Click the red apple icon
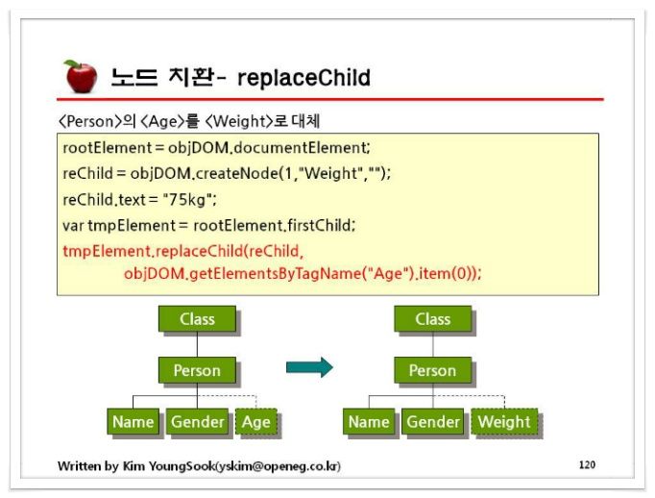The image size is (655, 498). tap(81, 76)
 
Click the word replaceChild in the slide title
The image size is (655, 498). tap(303, 78)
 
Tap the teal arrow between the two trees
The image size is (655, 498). tap(309, 367)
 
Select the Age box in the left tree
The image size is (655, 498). tap(256, 421)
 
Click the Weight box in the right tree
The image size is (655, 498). tap(504, 421)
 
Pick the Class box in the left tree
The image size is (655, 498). tap(197, 319)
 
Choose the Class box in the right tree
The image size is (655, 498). tap(433, 319)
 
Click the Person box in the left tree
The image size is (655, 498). tap(197, 370)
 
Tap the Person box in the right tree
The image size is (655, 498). tap(433, 370)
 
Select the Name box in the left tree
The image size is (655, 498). tap(133, 421)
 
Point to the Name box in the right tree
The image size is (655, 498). tap(369, 421)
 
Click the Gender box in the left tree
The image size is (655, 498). tap(197, 421)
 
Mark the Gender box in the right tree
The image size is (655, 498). tap(433, 421)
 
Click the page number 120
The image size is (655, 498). tap(587, 464)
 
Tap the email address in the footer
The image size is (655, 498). tap(278, 466)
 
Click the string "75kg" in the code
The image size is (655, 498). tap(186, 200)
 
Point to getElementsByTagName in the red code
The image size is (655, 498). tap(275, 273)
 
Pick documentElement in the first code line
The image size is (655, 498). tap(300, 148)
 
